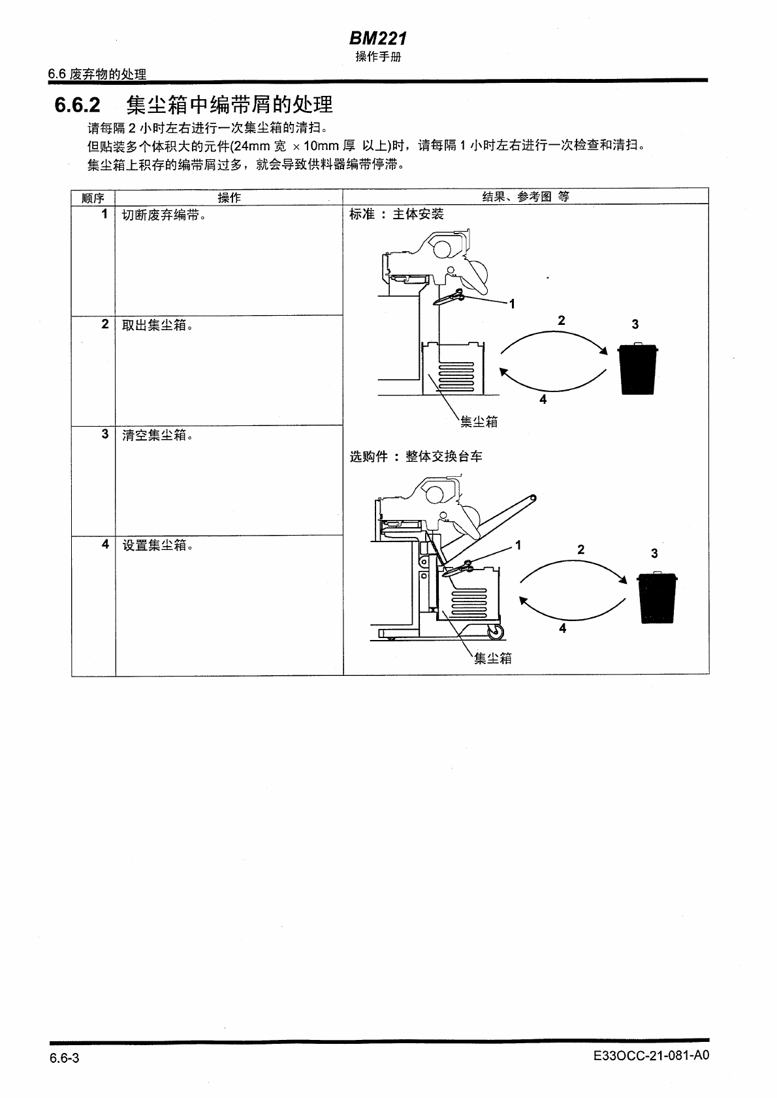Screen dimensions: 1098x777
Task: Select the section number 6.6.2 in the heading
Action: (77, 105)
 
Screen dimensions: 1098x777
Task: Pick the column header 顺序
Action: (93, 198)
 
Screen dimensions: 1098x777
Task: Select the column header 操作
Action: (229, 198)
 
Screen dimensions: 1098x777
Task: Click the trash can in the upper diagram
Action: (638, 369)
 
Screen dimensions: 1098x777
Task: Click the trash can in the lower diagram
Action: (657, 598)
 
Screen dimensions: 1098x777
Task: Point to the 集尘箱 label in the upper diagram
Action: (479, 422)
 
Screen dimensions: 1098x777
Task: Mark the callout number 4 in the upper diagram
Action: (543, 399)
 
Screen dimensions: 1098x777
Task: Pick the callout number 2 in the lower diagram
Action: (580, 550)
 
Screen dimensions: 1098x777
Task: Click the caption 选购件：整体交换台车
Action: (416, 457)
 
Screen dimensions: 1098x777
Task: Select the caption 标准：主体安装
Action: (396, 214)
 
